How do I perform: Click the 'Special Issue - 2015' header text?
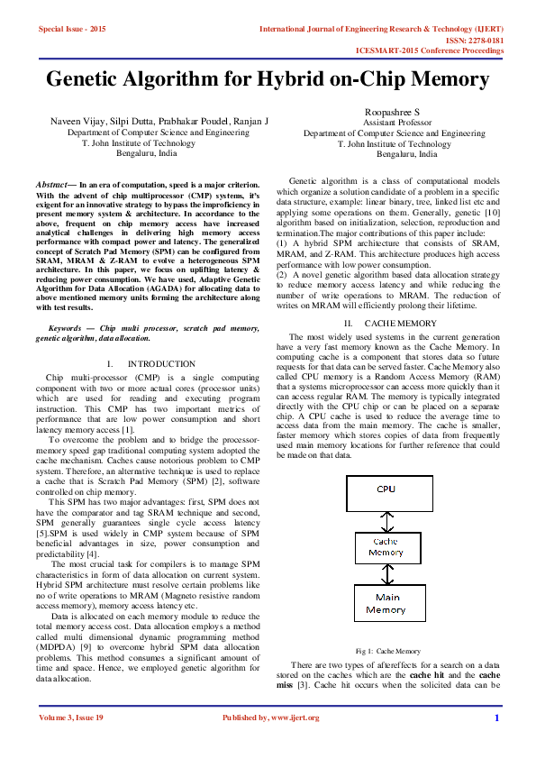coord(72,30)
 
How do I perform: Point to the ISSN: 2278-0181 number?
coord(472,41)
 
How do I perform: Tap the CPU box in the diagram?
coord(386,490)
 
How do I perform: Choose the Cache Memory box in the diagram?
coord(386,546)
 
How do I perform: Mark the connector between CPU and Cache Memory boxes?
coord(386,519)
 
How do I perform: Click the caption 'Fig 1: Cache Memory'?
coord(387,650)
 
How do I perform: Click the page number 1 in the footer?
coord(496,743)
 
